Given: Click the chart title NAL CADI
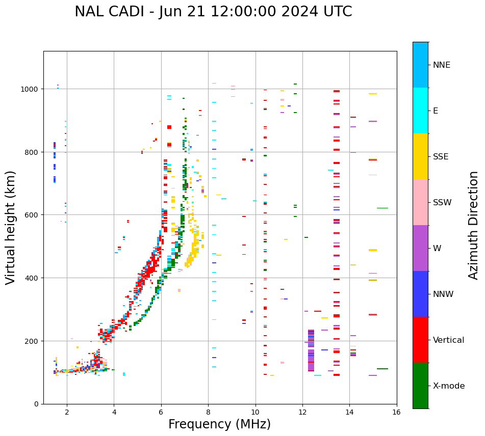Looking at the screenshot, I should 108,12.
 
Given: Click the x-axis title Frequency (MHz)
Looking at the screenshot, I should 219,424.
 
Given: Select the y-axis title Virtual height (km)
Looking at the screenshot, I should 11,227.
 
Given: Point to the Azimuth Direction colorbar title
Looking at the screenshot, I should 474,225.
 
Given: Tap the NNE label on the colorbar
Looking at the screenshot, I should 442,65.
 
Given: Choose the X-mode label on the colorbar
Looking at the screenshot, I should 449,386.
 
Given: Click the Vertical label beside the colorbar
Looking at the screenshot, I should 449,340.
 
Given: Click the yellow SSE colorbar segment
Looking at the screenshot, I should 420,156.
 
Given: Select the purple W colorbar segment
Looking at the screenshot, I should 420,248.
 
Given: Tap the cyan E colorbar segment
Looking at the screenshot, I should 420,111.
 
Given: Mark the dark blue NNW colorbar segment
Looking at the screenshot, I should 420,294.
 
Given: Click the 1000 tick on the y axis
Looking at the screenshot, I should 30,89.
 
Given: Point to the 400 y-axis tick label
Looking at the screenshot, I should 32,278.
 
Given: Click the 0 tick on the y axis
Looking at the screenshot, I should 36,404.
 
